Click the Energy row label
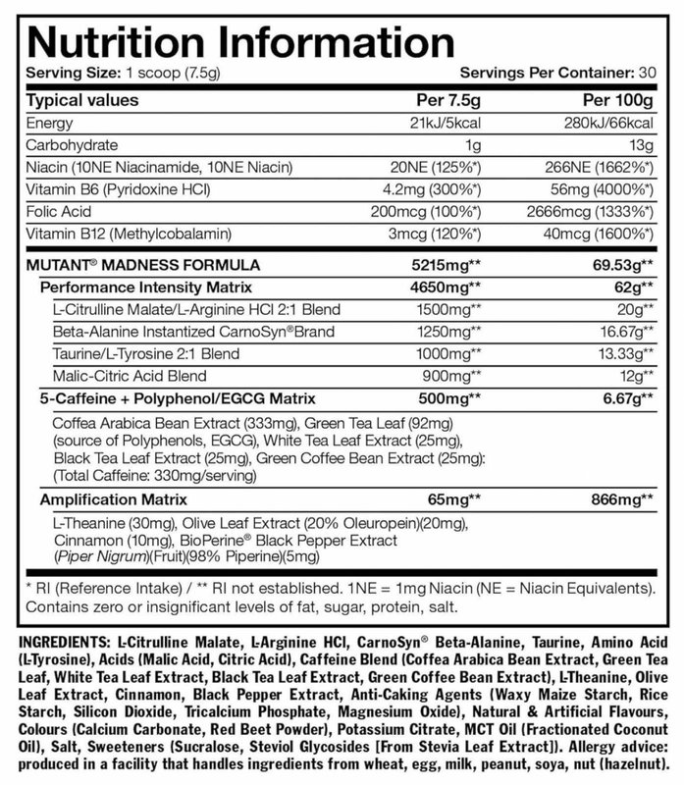tap(52, 126)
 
